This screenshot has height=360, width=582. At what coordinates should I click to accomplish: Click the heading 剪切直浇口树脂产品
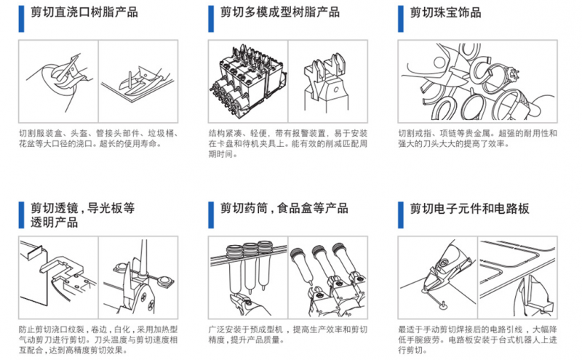(84, 12)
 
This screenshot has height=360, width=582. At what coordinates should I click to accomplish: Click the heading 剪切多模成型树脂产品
(280, 12)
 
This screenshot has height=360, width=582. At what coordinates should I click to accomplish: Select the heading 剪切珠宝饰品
(445, 12)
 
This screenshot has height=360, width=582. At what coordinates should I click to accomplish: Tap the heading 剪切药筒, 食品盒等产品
(284, 208)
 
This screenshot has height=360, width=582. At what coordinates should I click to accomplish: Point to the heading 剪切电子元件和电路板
(469, 209)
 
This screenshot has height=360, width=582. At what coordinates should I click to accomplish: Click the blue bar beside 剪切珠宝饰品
(401, 19)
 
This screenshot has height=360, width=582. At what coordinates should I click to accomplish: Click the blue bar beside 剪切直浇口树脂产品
(21, 19)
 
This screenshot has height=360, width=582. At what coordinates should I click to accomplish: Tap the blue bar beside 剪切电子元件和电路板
(401, 215)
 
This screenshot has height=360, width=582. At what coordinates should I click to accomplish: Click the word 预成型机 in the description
(267, 329)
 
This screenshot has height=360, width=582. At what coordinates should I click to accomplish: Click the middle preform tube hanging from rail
(250, 267)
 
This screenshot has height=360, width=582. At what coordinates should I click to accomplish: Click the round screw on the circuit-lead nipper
(442, 263)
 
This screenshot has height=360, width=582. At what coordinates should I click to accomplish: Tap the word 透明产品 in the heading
(54, 223)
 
